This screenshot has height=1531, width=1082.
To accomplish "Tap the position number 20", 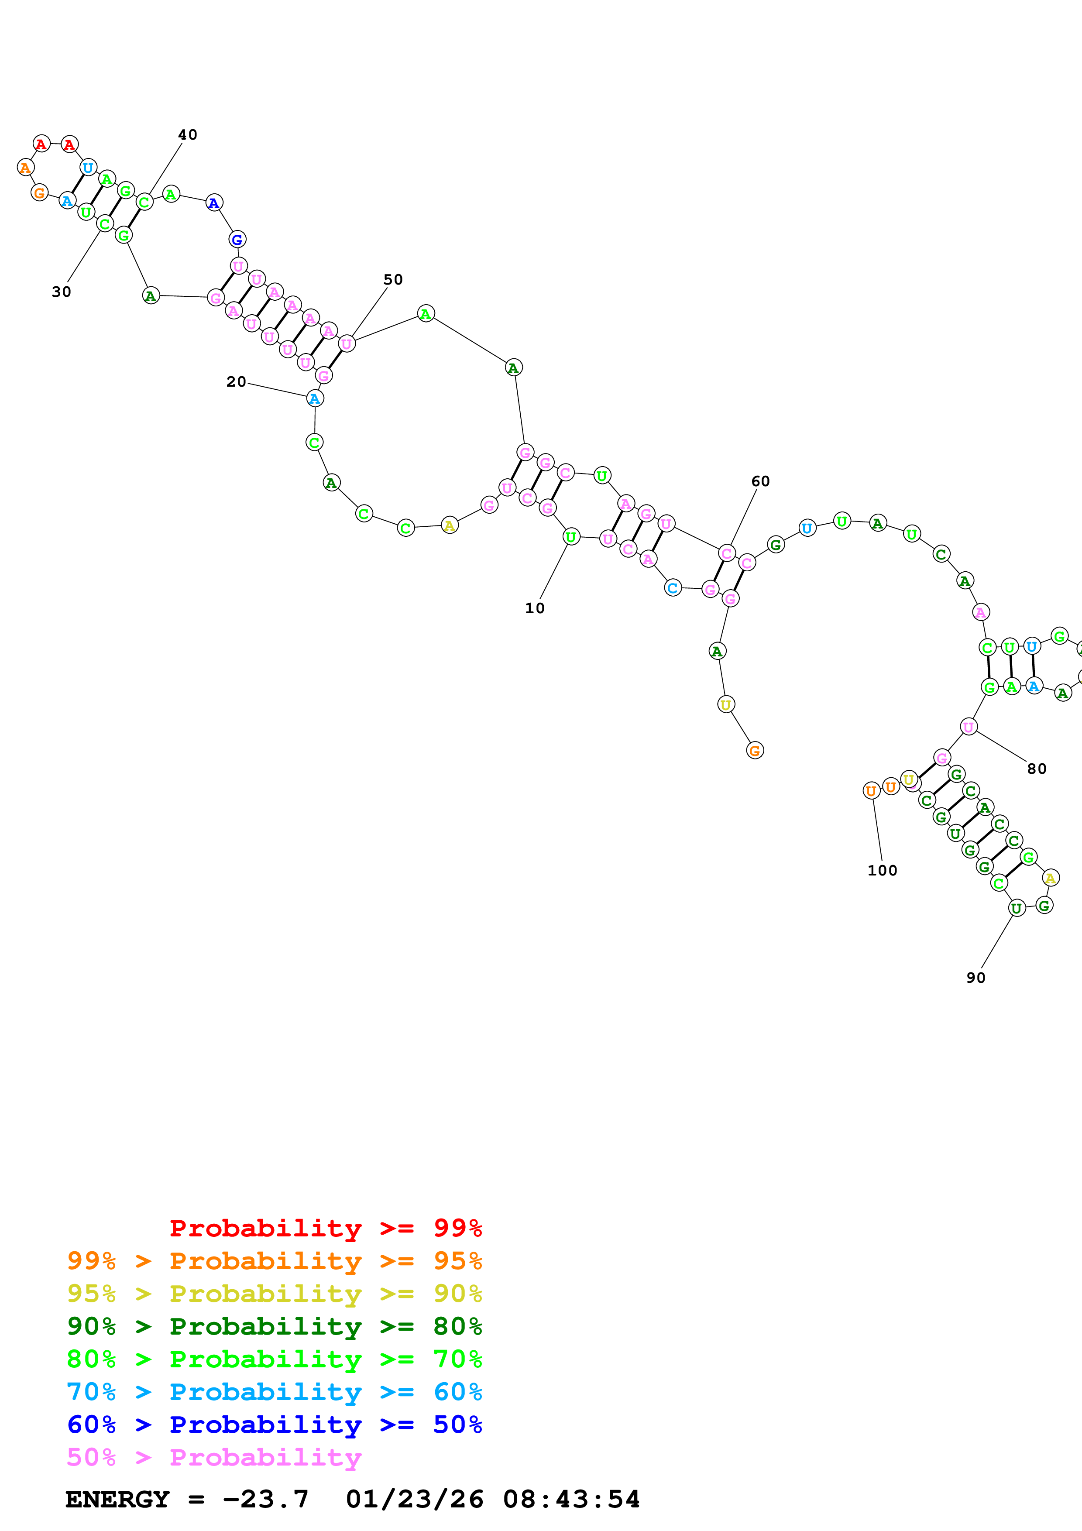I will click(x=236, y=381).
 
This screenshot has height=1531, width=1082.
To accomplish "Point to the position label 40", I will click(x=187, y=135).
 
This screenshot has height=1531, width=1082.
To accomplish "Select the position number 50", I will click(x=393, y=279).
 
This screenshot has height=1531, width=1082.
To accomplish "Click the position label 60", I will click(x=760, y=481).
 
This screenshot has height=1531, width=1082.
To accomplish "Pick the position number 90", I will click(x=976, y=978).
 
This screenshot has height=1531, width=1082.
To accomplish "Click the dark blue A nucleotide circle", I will click(x=213, y=203).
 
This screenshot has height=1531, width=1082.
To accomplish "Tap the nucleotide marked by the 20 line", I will click(x=315, y=399).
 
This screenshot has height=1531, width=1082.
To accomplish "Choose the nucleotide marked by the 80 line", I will click(x=968, y=727).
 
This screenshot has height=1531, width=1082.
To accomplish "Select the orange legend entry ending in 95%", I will click(x=274, y=1261).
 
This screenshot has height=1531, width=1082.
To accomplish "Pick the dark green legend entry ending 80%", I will click(x=274, y=1326).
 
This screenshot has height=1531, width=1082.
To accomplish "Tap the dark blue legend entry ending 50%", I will click(x=274, y=1425).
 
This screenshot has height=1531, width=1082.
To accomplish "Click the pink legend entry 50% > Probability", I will click(x=214, y=1457).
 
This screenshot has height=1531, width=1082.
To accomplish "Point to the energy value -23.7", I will click(x=265, y=1499).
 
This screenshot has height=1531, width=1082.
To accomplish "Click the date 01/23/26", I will click(x=414, y=1499).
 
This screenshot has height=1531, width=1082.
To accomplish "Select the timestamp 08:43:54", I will click(x=571, y=1499).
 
